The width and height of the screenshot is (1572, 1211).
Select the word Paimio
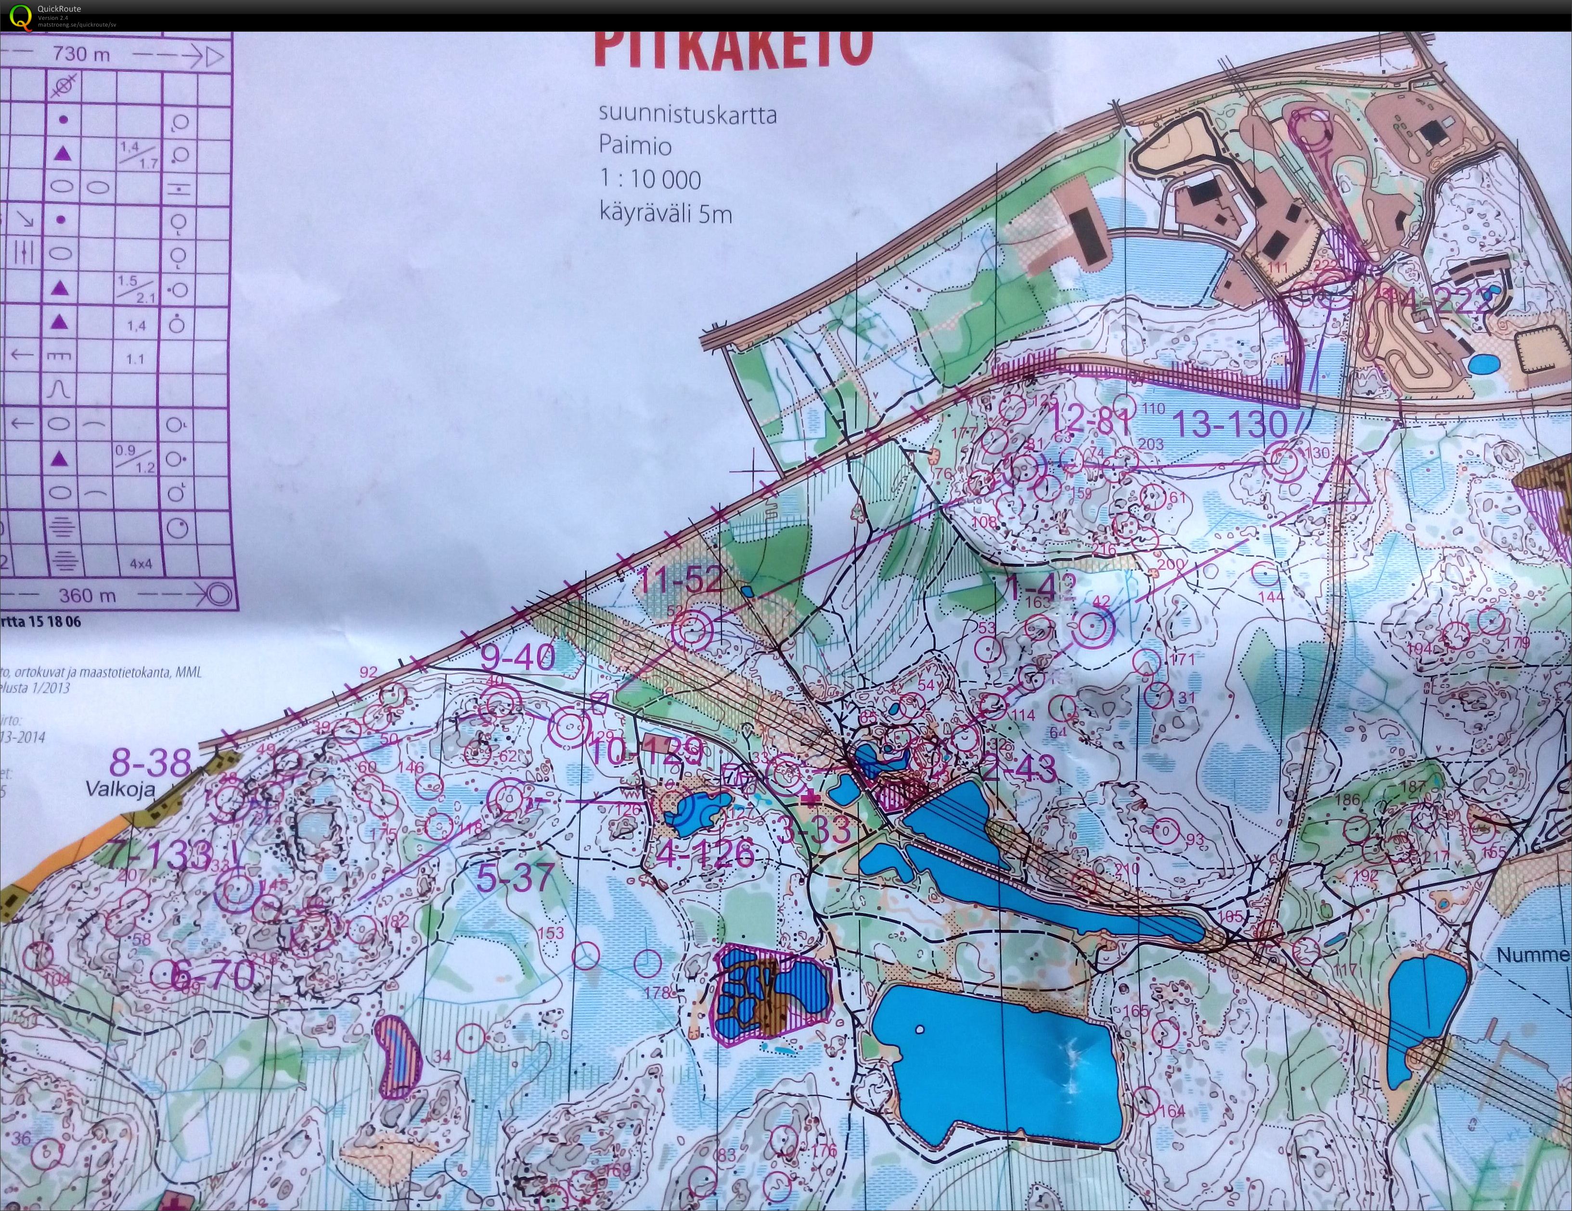click(635, 146)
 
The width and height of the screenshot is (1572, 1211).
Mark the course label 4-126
click(706, 854)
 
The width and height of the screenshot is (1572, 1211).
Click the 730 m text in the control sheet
click(80, 54)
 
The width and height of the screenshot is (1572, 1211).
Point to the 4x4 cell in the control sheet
click(141, 564)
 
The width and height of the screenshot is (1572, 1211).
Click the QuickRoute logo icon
click(19, 16)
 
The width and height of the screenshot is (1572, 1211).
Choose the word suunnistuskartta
click(687, 115)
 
